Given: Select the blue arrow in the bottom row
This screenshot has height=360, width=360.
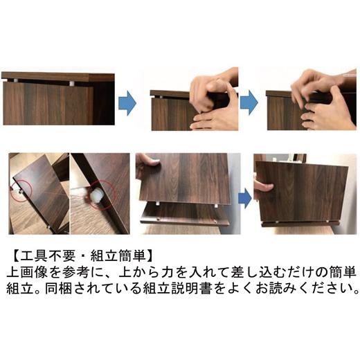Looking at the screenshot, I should [x=244, y=198].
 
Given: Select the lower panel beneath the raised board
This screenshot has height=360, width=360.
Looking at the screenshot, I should [x=183, y=215].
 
